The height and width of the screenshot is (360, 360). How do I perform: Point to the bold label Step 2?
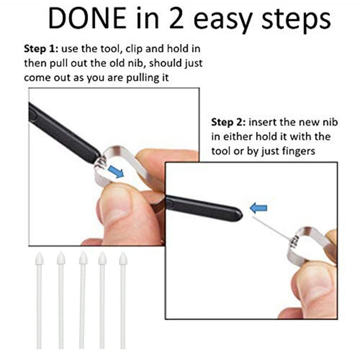tap(227, 122)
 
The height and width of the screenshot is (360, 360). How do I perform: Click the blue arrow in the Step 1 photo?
tap(115, 171)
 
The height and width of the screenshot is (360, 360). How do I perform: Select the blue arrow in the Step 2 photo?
tap(258, 208)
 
